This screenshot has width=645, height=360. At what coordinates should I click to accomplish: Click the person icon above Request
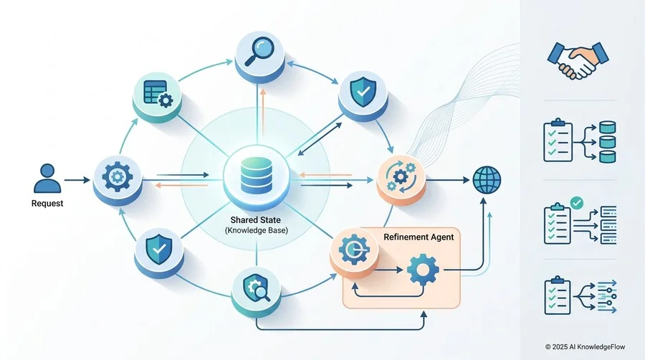[47, 178]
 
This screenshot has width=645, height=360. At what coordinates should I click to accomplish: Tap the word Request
[47, 203]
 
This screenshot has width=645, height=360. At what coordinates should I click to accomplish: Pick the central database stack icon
[257, 176]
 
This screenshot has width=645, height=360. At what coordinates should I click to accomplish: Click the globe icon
[487, 180]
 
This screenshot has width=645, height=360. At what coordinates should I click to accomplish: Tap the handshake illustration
[578, 60]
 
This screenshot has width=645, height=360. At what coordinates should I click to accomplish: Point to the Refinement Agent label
[419, 237]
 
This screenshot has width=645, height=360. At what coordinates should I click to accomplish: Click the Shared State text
[255, 220]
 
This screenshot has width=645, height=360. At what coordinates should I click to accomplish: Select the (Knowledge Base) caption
[257, 230]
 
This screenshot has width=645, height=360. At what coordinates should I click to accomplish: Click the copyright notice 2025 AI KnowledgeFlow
[585, 347]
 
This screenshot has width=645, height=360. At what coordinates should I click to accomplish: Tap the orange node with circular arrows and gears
[401, 180]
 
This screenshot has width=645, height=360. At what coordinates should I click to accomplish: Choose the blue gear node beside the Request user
[118, 179]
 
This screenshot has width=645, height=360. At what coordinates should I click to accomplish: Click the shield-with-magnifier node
[256, 290]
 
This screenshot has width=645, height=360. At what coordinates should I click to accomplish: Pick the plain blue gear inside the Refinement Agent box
[422, 270]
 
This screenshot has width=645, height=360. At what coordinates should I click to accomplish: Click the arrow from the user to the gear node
[77, 180]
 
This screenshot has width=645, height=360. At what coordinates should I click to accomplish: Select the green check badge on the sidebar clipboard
[577, 203]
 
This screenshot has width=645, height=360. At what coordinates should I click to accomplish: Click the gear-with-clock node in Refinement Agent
[354, 252]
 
